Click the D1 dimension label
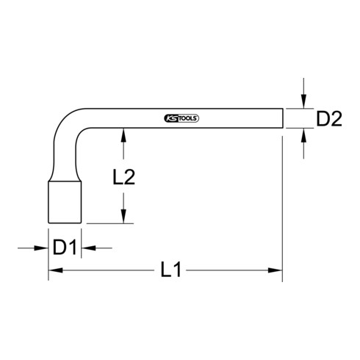point(65,248)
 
